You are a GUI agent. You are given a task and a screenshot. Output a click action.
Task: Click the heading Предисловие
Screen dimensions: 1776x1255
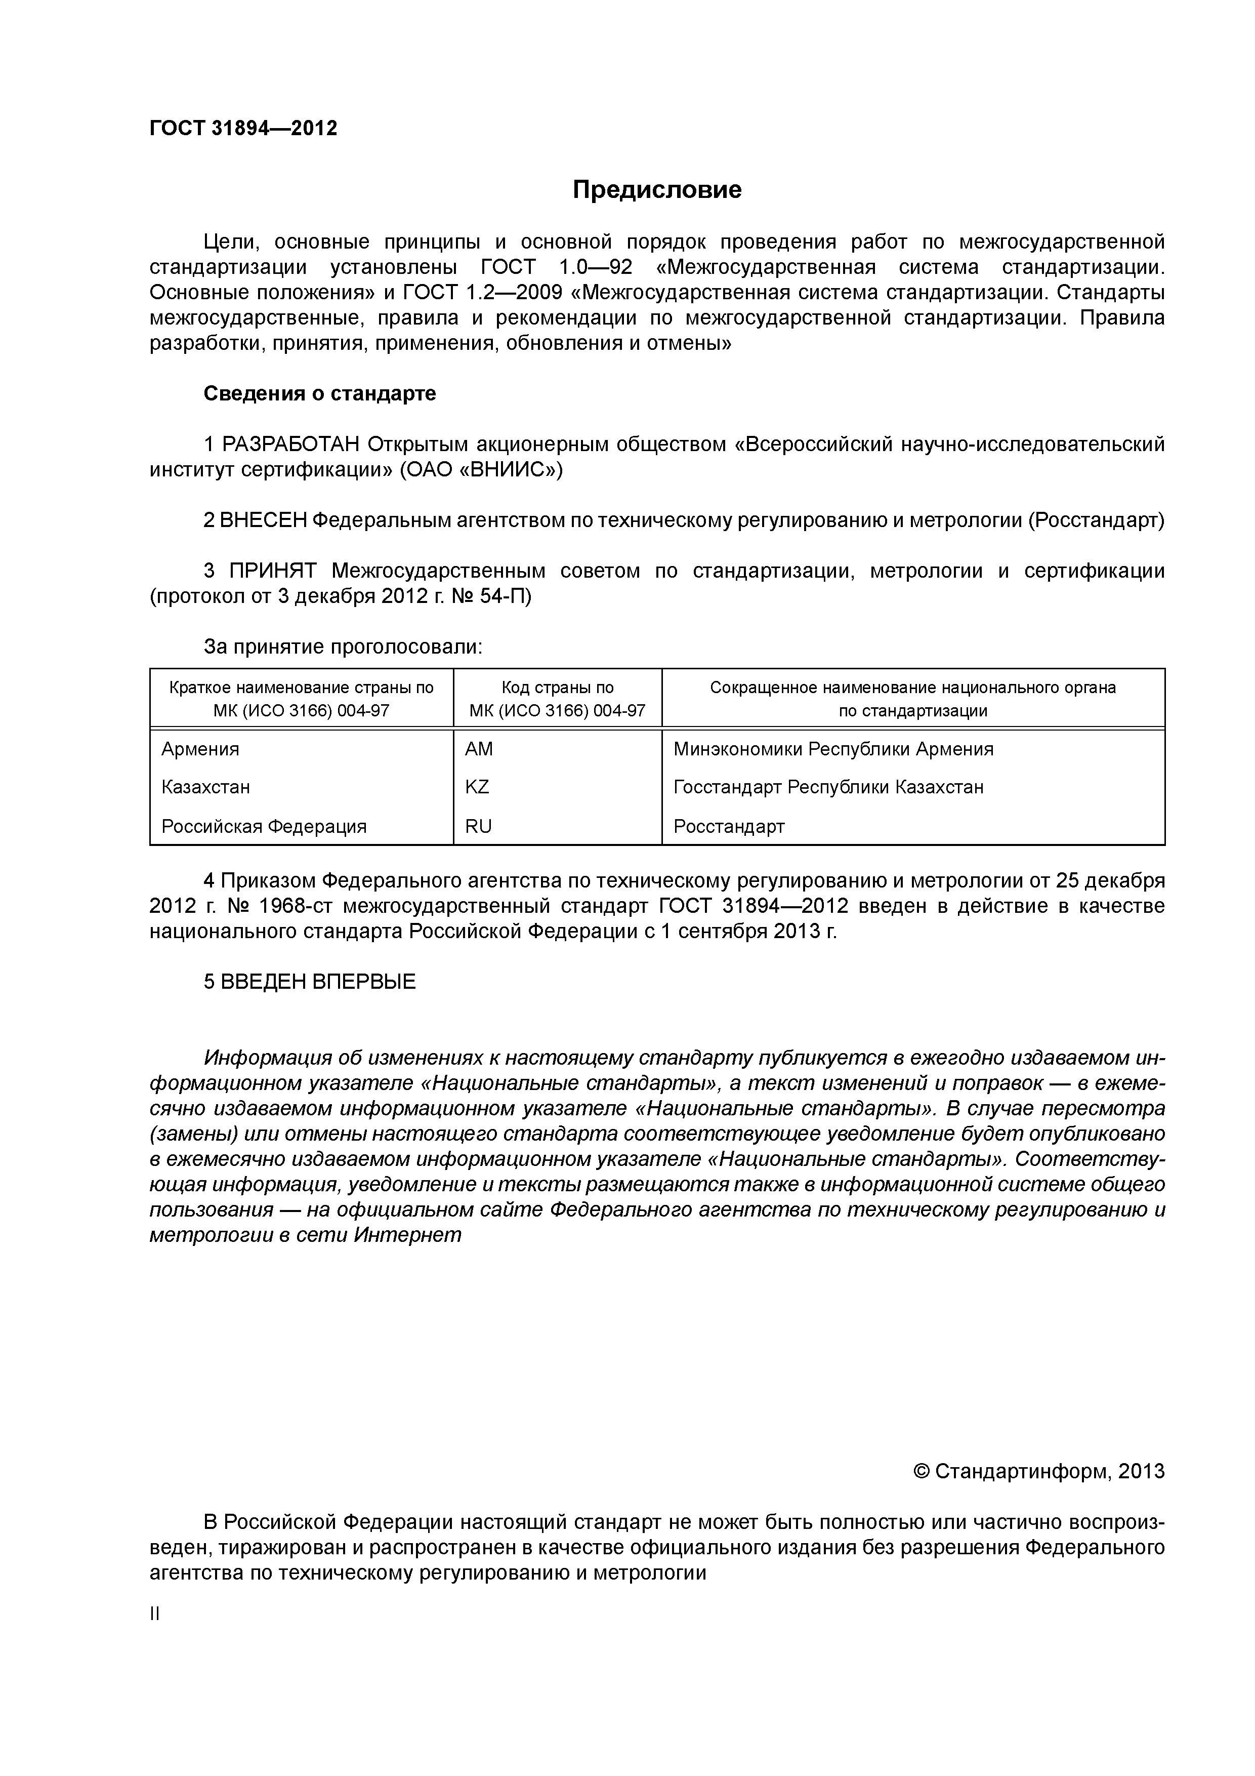[x=656, y=189]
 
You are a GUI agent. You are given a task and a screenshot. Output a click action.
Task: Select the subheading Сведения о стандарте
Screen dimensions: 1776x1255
[x=319, y=394]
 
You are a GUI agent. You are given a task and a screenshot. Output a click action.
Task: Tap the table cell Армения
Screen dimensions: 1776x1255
[x=200, y=749]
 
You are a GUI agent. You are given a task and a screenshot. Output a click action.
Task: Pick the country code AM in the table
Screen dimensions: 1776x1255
[x=479, y=749]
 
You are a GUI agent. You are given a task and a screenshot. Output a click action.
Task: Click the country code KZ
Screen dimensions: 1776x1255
[x=477, y=787]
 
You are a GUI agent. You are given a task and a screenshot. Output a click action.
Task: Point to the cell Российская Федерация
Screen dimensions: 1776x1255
[x=264, y=826]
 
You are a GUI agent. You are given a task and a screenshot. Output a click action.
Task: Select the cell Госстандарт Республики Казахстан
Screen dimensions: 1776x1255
[x=828, y=787]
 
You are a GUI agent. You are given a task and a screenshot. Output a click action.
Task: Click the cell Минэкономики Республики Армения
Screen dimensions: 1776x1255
[x=833, y=749]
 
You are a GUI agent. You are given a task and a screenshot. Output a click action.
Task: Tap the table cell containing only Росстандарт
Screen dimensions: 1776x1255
[x=728, y=826]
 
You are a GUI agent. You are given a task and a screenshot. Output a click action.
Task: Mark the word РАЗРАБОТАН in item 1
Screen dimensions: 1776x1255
[x=291, y=445]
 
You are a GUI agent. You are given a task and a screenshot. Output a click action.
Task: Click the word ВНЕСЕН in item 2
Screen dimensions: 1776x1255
[x=263, y=520]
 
